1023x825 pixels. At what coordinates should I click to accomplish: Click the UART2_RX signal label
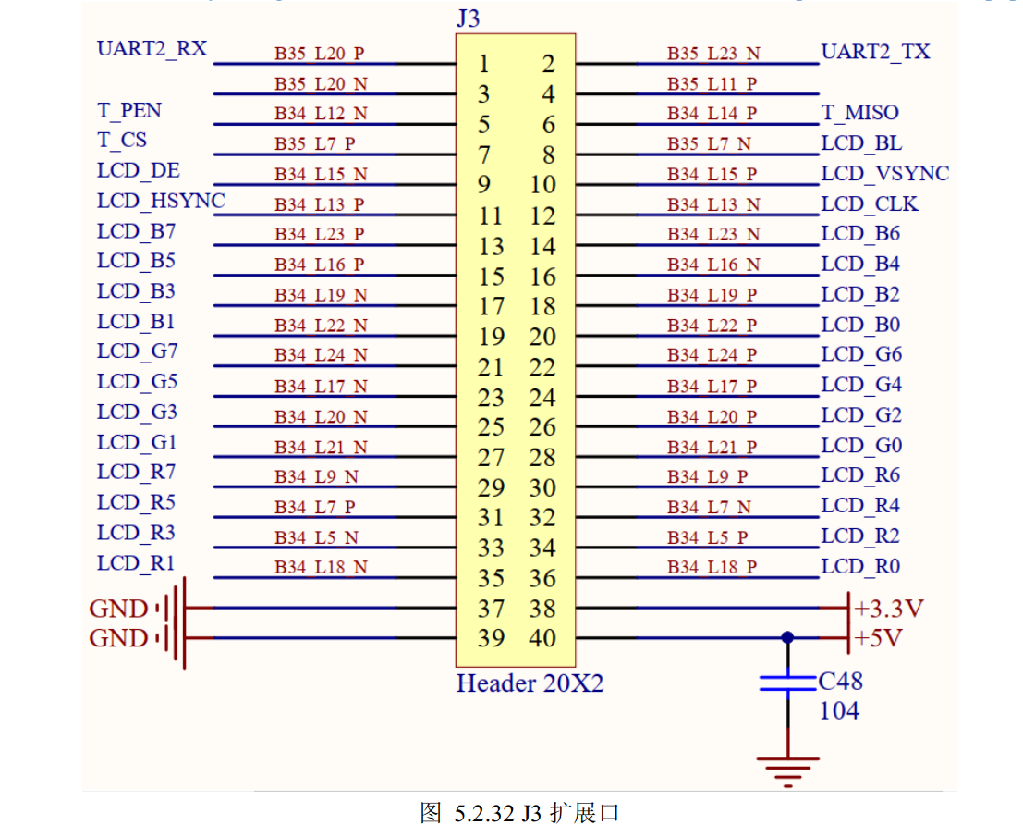(x=152, y=49)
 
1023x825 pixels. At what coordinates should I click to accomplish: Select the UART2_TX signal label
(x=875, y=52)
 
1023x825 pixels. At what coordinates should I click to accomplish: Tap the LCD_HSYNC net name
(x=161, y=202)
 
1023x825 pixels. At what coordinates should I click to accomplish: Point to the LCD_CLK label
(x=870, y=203)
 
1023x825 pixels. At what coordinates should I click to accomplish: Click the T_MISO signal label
(x=860, y=112)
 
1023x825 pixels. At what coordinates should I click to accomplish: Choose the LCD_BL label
(x=862, y=143)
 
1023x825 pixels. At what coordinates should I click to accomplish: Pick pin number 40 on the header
(x=542, y=637)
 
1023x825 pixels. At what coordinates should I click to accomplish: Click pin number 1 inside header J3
(x=483, y=64)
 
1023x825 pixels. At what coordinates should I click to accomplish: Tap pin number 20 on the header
(x=542, y=337)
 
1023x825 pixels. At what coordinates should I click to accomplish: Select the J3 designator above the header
(x=469, y=18)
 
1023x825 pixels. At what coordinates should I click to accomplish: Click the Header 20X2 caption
(x=530, y=683)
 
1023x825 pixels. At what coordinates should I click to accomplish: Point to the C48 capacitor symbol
(x=788, y=683)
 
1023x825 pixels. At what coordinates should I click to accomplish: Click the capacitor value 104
(x=839, y=710)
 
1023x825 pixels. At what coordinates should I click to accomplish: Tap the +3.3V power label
(x=889, y=609)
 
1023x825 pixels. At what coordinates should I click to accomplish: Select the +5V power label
(x=878, y=637)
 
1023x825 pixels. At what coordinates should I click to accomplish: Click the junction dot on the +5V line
(x=787, y=637)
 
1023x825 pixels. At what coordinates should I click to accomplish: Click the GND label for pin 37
(x=118, y=609)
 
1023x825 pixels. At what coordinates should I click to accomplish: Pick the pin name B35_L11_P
(x=712, y=84)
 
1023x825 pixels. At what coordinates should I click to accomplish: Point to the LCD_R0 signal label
(x=860, y=566)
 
